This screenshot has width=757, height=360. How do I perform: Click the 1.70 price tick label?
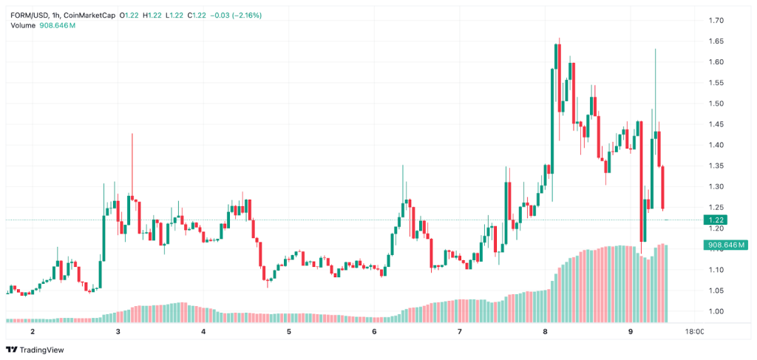(717, 21)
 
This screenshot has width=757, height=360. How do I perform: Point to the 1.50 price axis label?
(717, 103)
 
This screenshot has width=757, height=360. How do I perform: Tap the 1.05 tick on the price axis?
(717, 291)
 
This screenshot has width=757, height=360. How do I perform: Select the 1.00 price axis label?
(717, 311)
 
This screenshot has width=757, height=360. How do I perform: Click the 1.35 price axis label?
(717, 166)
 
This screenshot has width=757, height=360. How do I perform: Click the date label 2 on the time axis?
(33, 332)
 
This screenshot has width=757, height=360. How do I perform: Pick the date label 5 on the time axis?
(289, 332)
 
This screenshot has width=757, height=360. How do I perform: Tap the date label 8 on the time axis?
(545, 332)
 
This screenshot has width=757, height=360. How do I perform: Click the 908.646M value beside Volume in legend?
(58, 25)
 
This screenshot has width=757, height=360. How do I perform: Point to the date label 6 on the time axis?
(374, 332)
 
